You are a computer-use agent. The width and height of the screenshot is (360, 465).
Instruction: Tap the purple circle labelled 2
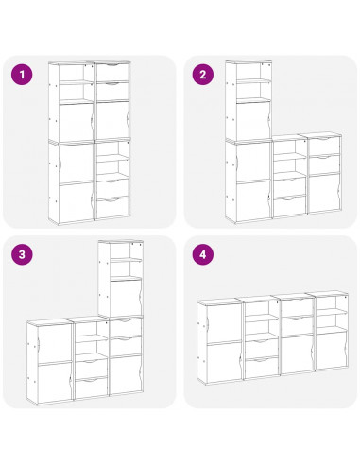201,73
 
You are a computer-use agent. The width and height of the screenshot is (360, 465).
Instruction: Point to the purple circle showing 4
201,253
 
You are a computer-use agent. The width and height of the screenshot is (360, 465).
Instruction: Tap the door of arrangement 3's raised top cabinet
126,298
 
